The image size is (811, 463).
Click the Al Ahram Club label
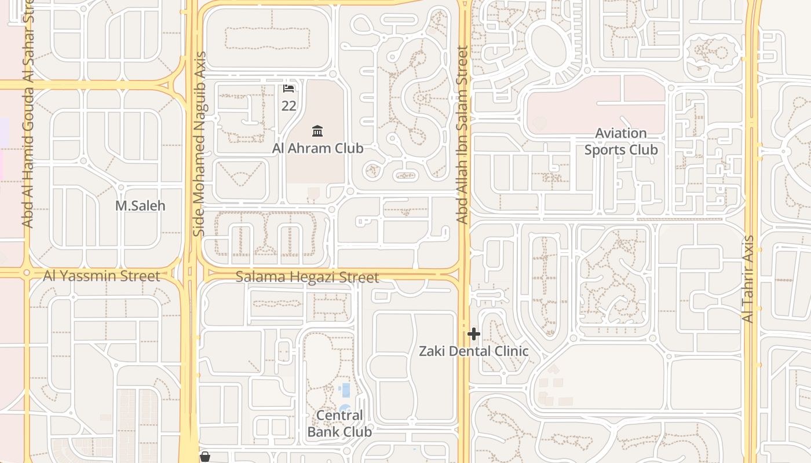(318, 148)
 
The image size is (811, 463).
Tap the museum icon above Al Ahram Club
(317, 131)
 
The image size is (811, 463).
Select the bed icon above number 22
(288, 89)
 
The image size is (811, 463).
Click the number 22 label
(288, 106)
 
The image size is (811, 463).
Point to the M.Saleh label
(140, 205)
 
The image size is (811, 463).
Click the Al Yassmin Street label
(101, 276)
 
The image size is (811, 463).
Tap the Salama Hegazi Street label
(307, 277)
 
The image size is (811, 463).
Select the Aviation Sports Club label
(621, 141)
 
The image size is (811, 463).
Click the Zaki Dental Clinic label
(474, 351)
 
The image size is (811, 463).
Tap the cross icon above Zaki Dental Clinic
(474, 334)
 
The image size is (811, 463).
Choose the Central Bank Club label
(339, 424)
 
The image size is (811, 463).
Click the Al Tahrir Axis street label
(748, 279)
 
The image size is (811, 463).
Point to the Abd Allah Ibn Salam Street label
(462, 135)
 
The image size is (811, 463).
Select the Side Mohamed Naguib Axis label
(199, 145)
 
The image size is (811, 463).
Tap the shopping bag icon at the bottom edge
(204, 457)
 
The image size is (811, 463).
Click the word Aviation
(621, 133)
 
